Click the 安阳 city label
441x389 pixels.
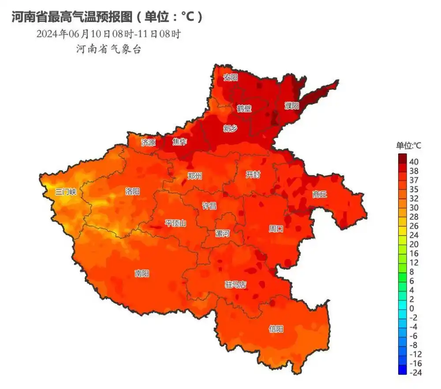(x=230, y=78)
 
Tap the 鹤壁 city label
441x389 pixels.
(x=244, y=108)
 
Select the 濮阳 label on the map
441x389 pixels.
(x=292, y=106)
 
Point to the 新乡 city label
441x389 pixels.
(x=230, y=128)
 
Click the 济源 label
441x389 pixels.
(x=148, y=142)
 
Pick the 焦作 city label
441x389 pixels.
(x=179, y=142)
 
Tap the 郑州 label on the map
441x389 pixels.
(x=194, y=176)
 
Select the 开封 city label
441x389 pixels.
(x=253, y=175)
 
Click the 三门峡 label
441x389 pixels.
(x=66, y=192)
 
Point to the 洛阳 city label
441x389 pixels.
(x=132, y=191)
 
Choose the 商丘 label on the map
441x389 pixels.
(x=319, y=194)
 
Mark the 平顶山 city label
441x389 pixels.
(x=175, y=223)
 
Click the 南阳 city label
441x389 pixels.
(x=142, y=273)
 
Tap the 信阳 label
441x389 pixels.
(x=276, y=329)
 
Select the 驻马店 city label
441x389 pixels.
(x=235, y=285)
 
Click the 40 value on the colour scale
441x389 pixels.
(x=414, y=161)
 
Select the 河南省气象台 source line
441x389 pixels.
(x=108, y=49)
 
